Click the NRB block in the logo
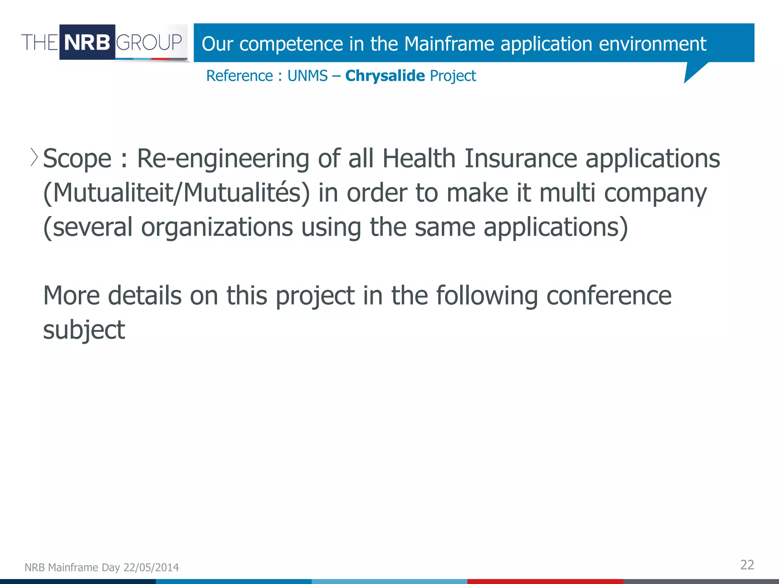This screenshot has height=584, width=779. coord(87,42)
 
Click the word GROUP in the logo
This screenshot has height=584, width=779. coord(149,42)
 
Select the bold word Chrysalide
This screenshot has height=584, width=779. coord(385,76)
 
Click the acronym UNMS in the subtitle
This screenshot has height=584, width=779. coord(307,76)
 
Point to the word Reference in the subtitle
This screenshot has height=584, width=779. coord(239,76)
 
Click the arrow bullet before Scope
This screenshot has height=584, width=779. coord(34,157)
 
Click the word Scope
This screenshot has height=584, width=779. coord(77,159)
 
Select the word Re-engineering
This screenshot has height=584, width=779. coord(223,159)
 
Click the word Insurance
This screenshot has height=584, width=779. coord(521,158)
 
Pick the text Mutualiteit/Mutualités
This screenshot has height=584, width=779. coord(177,193)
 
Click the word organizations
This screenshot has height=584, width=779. coord(217,227)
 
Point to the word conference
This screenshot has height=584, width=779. coord(609,295)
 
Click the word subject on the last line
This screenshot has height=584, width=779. coord(84,330)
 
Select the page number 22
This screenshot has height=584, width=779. coord(747,565)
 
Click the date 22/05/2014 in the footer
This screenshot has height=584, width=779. coord(151,567)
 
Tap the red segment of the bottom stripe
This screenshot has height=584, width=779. coord(545,581)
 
